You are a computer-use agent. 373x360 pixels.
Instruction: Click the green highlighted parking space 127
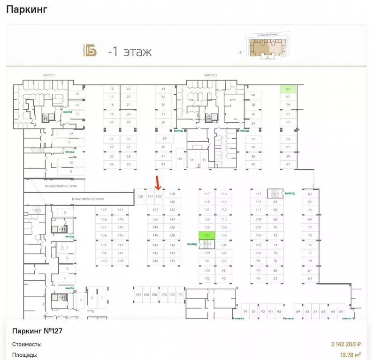[207, 235]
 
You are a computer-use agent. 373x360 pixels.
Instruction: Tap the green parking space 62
[288, 89]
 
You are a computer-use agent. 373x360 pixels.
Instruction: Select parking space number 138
[140, 196]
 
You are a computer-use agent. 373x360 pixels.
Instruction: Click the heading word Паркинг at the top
[26, 10]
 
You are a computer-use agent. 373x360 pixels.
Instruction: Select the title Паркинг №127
[38, 331]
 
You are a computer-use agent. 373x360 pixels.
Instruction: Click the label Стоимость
[26, 345]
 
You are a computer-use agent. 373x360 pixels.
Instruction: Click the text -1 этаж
[129, 51]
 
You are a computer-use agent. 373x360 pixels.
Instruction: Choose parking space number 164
[138, 294]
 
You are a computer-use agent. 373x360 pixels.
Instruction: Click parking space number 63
[310, 194]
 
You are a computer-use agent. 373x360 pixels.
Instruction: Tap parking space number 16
[112, 89]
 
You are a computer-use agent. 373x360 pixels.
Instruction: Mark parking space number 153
[104, 261]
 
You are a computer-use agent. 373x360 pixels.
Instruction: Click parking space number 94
[245, 311]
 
